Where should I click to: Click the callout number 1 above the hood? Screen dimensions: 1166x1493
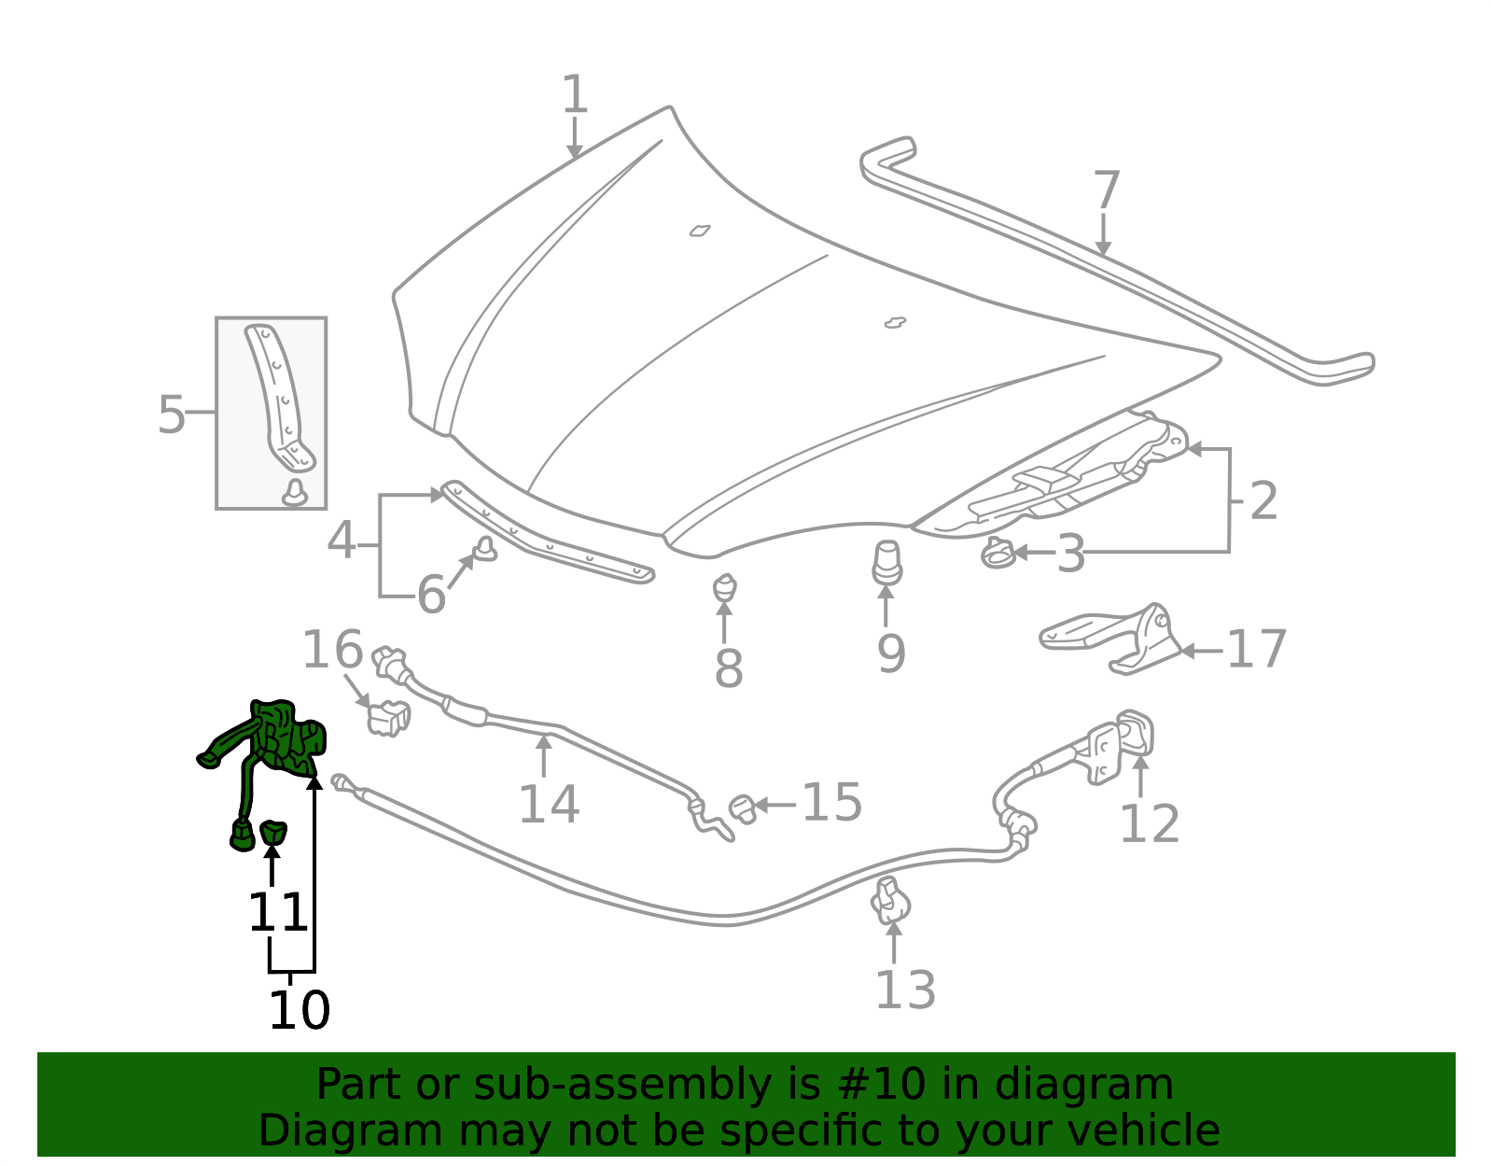(575, 96)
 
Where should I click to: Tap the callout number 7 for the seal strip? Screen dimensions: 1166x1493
(1106, 190)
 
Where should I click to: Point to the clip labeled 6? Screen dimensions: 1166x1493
(485, 550)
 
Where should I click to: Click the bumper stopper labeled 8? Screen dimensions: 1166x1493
(725, 589)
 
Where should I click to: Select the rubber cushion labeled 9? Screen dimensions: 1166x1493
(886, 563)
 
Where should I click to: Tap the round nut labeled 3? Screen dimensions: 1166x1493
(997, 554)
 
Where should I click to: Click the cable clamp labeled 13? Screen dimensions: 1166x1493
(891, 901)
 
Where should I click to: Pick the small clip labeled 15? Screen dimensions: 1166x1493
(743, 808)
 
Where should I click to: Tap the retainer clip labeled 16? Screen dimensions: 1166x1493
(389, 718)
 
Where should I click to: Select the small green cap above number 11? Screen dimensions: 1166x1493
(272, 831)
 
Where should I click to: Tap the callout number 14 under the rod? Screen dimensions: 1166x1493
(549, 804)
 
